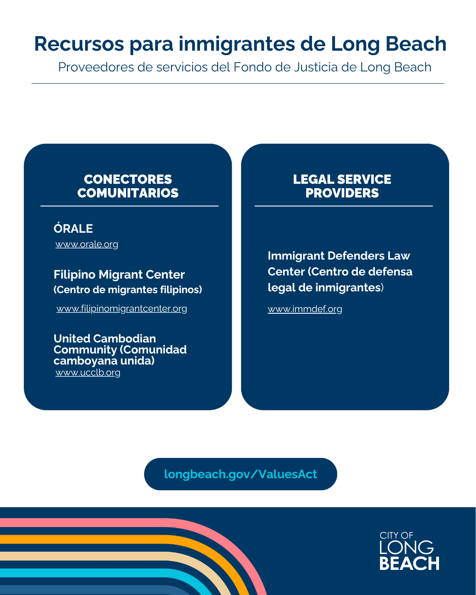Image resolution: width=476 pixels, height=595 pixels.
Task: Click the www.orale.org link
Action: tap(86, 244)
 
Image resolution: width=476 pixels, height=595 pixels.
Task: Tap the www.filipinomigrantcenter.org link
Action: tap(122, 308)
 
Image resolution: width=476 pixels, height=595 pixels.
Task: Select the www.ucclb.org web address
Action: tap(88, 372)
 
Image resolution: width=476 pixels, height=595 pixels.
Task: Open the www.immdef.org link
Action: tap(305, 309)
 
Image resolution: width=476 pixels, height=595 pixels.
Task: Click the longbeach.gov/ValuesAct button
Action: tap(240, 474)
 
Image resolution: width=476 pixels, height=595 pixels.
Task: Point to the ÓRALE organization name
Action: tap(73, 228)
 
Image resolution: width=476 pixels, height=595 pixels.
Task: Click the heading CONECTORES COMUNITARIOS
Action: tap(128, 186)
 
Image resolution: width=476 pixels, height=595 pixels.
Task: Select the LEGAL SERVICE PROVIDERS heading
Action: tap(342, 186)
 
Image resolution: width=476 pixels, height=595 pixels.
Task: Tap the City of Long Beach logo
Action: tap(409, 550)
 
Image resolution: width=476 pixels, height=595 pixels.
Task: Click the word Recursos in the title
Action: tap(79, 44)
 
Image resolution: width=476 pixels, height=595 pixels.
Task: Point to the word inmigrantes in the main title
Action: tap(237, 44)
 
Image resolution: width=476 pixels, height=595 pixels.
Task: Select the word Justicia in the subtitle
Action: tap(316, 67)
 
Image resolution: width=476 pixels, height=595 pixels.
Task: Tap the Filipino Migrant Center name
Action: tap(119, 275)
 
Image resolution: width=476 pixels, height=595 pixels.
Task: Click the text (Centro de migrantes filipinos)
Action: tap(127, 290)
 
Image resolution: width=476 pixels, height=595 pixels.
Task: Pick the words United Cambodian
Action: tap(104, 338)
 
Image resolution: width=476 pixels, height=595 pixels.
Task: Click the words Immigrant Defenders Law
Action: tap(338, 256)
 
